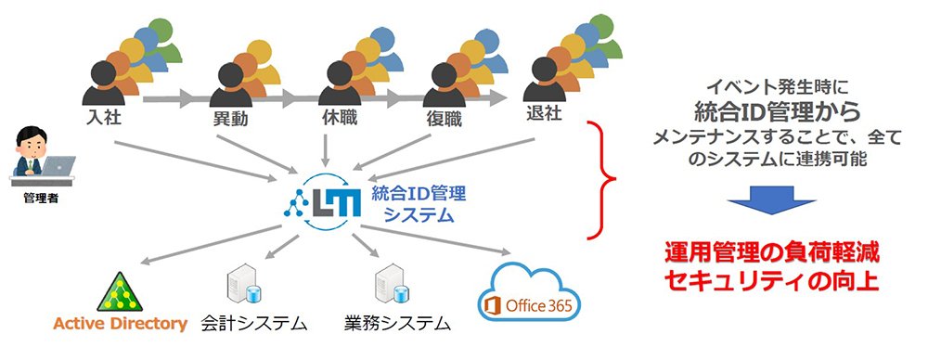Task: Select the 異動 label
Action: (230, 120)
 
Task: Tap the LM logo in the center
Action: (322, 200)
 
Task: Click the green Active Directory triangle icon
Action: (120, 292)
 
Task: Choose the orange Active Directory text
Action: (120, 324)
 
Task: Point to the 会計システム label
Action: (254, 323)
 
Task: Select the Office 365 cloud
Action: (529, 294)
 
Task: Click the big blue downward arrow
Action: (772, 200)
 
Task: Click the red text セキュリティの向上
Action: (771, 281)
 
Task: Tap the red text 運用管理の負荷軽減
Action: (771, 253)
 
